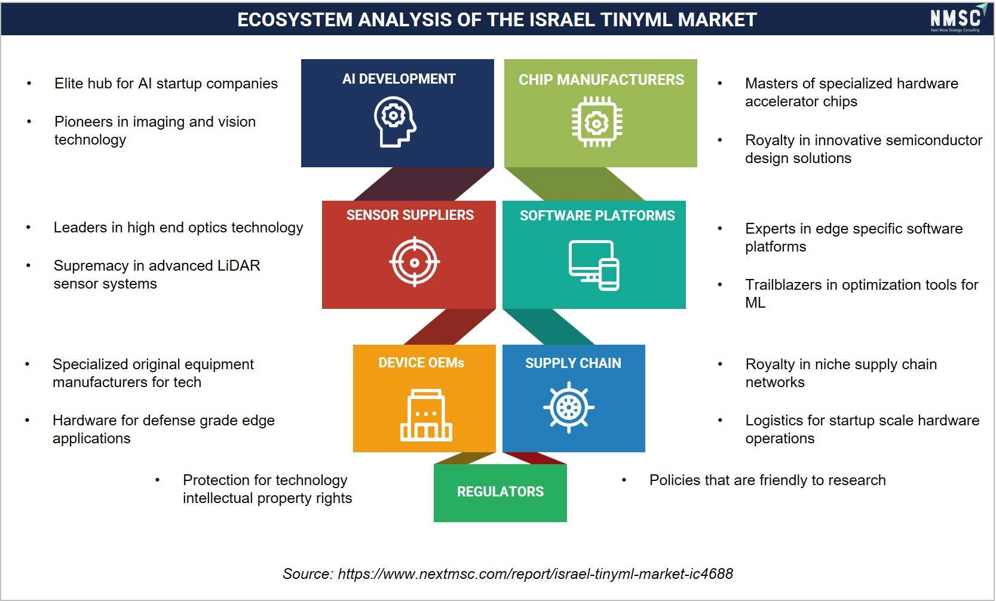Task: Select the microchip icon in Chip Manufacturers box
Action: coord(597,122)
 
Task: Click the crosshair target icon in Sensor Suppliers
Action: coord(415,262)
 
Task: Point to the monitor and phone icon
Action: coord(594,265)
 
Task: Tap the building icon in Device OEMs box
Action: coord(426,415)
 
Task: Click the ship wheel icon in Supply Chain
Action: coord(569,407)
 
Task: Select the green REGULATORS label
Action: coord(500,492)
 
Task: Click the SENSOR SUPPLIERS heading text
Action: coord(410,215)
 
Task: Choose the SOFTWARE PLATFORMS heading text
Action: coord(597,216)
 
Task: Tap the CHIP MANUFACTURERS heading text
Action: coord(601,79)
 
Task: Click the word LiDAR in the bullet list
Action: coord(238,265)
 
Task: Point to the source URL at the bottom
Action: coord(535,574)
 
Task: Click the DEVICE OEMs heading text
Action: coord(421,363)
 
